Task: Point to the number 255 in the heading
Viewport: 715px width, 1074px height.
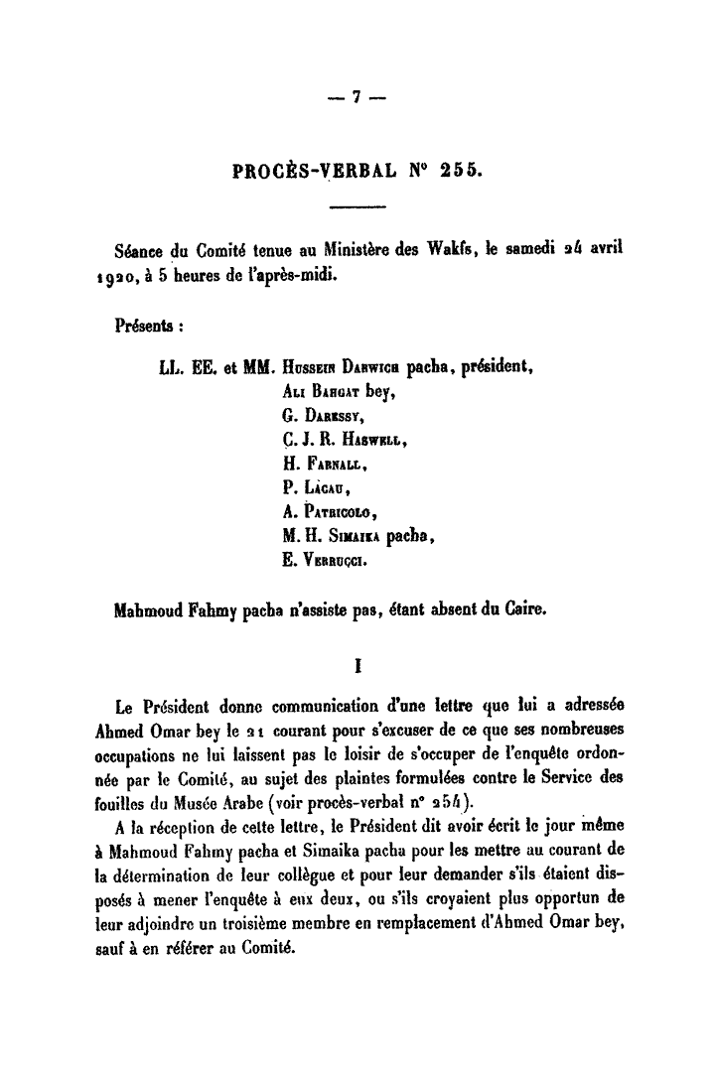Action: click(460, 170)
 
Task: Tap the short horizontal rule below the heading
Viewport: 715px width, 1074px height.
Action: click(356, 207)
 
